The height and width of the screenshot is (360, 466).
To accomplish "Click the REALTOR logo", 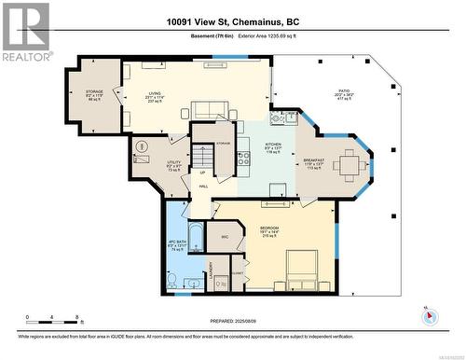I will tap(25, 32).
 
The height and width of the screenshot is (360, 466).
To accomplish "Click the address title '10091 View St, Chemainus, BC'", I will tap(233, 22).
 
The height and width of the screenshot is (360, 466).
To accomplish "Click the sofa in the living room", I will tap(211, 110).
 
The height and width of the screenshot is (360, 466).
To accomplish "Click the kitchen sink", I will tap(277, 118).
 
